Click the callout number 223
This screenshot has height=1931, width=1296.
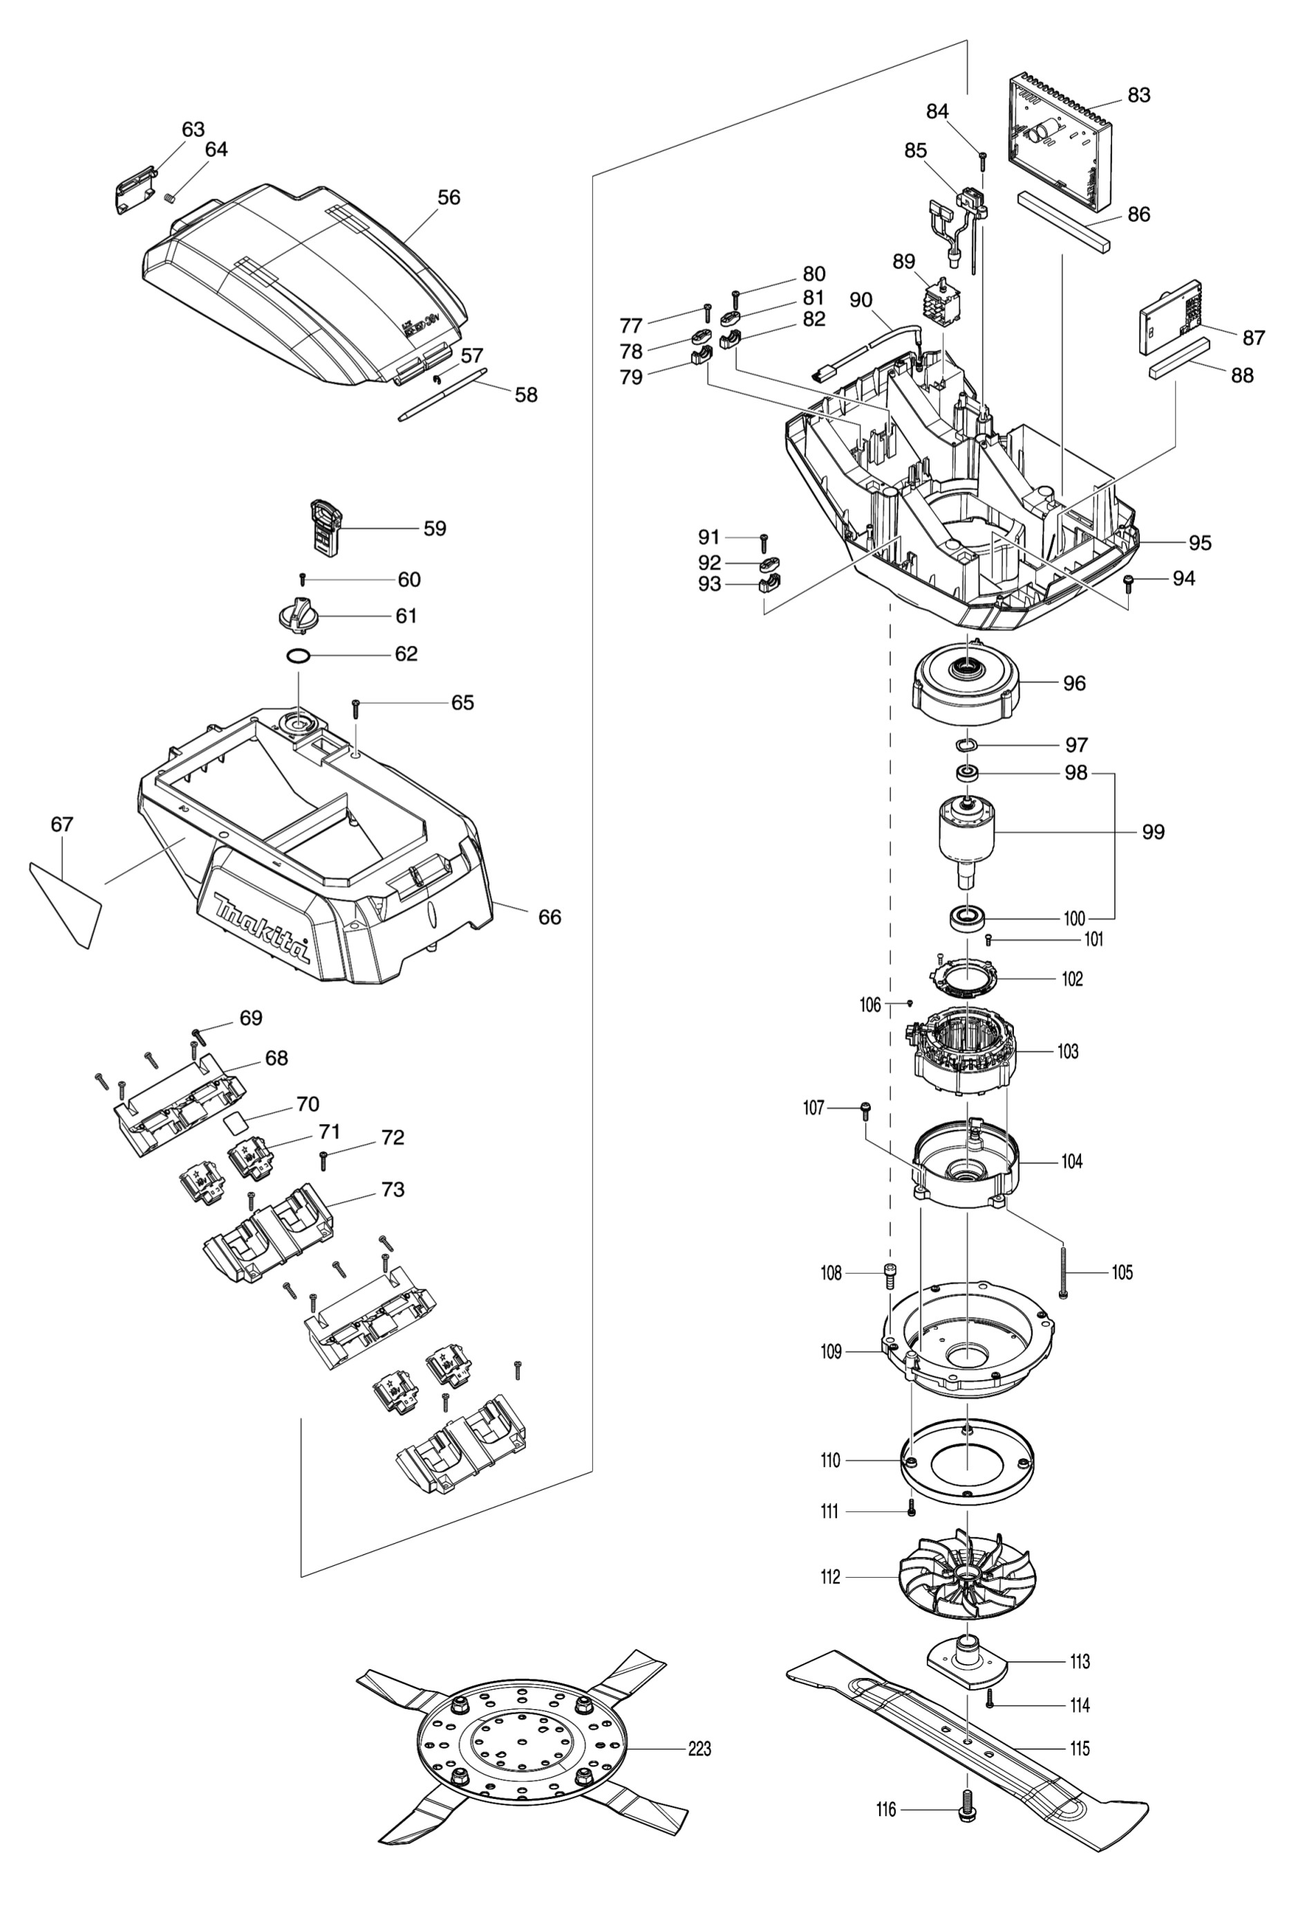click(x=699, y=1748)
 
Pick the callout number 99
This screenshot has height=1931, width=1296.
click(x=1153, y=832)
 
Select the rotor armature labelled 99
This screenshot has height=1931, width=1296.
click(x=966, y=837)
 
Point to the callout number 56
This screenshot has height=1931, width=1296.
click(x=449, y=198)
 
